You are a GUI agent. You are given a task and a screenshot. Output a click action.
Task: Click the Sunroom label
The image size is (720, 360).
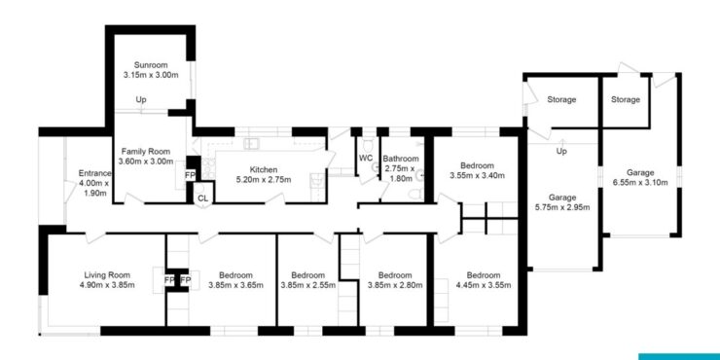pos(151,65)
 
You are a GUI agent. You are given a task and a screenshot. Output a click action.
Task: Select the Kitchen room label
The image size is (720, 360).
pos(263,170)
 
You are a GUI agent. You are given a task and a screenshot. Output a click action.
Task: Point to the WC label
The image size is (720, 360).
pos(366,159)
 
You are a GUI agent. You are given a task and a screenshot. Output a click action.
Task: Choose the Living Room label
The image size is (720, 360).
pos(107,275)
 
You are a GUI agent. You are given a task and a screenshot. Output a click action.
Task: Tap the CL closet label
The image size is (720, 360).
pos(202,198)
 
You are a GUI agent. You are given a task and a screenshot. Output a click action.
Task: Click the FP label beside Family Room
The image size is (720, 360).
pos(190,175)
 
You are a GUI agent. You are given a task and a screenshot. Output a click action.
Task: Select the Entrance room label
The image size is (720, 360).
pos(95,173)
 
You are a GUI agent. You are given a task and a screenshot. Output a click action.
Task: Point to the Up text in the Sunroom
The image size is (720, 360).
pos(141,99)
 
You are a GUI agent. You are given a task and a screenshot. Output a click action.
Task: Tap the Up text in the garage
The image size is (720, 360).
pos(560,151)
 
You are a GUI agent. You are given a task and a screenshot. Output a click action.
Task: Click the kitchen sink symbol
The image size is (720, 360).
pos(252,144)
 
